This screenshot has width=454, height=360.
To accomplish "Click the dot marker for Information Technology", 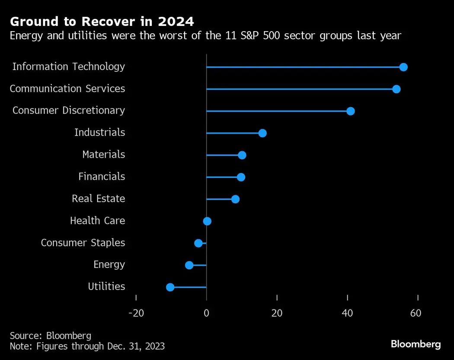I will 403,67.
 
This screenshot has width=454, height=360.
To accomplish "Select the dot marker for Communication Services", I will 396,89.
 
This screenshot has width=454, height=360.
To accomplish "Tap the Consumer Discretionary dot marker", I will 351,111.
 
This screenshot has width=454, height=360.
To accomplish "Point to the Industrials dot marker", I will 262,133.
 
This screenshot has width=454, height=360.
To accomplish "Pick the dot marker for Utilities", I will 170,287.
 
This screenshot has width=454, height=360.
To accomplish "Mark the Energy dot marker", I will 189,265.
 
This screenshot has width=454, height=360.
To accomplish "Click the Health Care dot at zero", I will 207,221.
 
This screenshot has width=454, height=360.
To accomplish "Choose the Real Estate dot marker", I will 235,199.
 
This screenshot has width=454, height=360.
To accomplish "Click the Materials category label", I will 103,154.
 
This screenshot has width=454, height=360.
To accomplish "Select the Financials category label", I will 102,176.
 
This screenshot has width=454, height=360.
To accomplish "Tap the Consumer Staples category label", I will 83,242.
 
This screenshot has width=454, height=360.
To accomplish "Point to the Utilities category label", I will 106,287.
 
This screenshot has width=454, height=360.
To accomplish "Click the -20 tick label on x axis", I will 136,313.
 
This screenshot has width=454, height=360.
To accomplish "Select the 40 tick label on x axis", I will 348,313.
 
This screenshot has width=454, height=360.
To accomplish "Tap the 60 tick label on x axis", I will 416,313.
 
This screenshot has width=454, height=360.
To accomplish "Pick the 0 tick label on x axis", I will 207,313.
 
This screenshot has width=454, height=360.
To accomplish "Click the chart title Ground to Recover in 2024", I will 102,21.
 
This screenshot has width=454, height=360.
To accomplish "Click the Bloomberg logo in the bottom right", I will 416,344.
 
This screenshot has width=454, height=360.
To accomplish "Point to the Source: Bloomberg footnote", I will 51,336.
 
